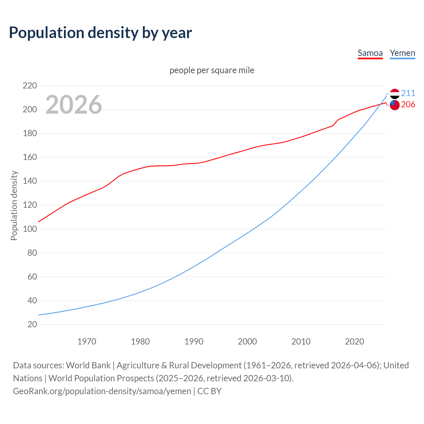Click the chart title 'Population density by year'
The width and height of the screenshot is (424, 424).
pyautogui.click(x=100, y=32)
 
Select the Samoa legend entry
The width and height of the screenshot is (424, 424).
pyautogui.click(x=370, y=53)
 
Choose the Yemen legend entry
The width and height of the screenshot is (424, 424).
pyautogui.click(x=402, y=53)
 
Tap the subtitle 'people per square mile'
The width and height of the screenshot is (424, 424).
pyautogui.click(x=212, y=70)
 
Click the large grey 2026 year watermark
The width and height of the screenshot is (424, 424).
pyautogui.click(x=74, y=105)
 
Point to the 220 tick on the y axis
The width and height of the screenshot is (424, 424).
pyautogui.click(x=30, y=86)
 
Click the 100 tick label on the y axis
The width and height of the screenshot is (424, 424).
pyautogui.click(x=30, y=229)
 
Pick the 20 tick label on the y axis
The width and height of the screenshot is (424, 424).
pyautogui.click(x=32, y=324)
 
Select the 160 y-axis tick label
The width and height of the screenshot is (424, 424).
pyautogui.click(x=30, y=157)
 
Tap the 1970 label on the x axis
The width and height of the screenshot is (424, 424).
pyautogui.click(x=87, y=342)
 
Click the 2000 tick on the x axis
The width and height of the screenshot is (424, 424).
pyautogui.click(x=247, y=342)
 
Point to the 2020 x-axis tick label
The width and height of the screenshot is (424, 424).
pyautogui.click(x=354, y=342)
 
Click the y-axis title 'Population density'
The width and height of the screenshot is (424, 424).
pyautogui.click(x=14, y=205)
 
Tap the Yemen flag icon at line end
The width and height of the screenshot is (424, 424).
pyautogui.click(x=395, y=94)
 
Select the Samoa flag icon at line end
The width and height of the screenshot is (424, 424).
pyautogui.click(x=395, y=105)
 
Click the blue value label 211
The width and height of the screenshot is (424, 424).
pyautogui.click(x=408, y=93)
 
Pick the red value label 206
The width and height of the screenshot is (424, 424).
pyautogui.click(x=408, y=104)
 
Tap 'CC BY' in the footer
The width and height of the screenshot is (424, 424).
pyautogui.click(x=209, y=391)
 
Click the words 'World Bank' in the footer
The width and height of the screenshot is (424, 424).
pyautogui.click(x=88, y=365)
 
